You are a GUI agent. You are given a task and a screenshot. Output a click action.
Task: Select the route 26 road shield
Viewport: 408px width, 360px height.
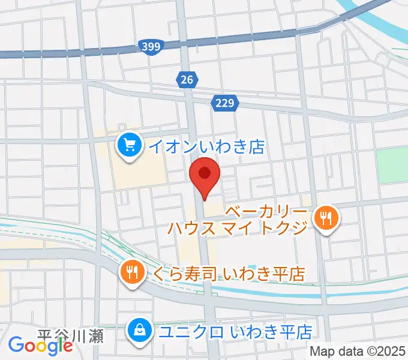(187, 78)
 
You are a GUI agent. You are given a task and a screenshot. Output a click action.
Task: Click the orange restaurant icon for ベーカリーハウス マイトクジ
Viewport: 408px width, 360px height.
(326, 218)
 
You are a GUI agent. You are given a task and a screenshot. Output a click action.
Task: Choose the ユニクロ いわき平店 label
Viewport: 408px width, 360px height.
(235, 331)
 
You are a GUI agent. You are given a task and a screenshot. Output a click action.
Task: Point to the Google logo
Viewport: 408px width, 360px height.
(41, 346)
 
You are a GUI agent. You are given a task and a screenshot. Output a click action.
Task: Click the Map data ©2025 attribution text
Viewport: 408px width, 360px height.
(358, 352)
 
